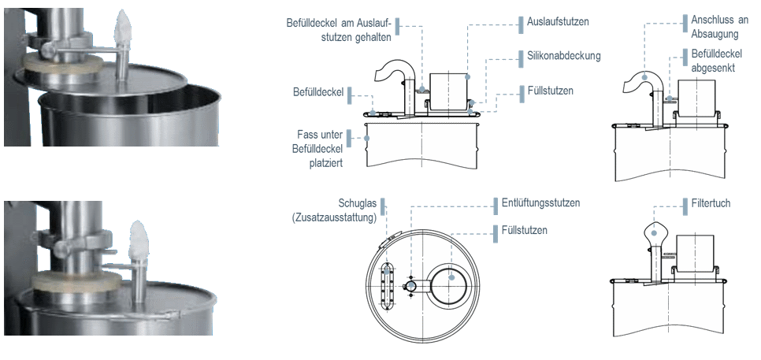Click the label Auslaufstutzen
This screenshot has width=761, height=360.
pyautogui.click(x=558, y=22)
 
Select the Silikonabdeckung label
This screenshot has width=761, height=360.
pyautogui.click(x=564, y=56)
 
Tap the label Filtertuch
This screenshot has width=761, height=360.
pyautogui.click(x=711, y=203)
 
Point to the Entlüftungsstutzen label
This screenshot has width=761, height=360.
pyautogui.click(x=540, y=202)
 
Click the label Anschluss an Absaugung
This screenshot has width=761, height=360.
pyautogui.click(x=715, y=27)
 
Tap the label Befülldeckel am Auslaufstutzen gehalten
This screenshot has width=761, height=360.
pyautogui.click(x=338, y=29)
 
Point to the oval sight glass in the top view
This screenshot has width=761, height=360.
pyautogui.click(x=387, y=285)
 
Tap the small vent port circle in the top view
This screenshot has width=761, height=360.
pyautogui.click(x=411, y=286)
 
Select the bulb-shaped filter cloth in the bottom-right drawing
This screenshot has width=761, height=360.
pyautogui.click(x=655, y=233)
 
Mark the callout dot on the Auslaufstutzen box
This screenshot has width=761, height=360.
pyautogui.click(x=467, y=76)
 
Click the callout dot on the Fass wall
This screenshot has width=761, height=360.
pyautogui.click(x=366, y=138)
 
